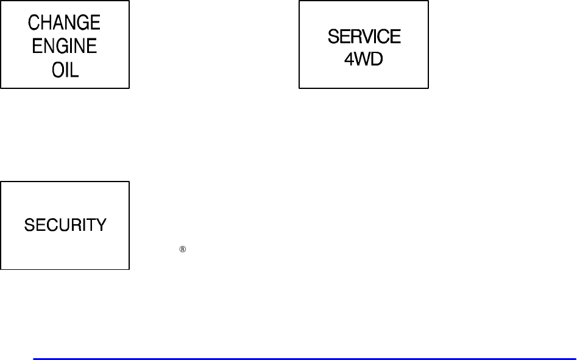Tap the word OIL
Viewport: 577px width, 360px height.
point(65,71)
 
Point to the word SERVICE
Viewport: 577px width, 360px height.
point(364,37)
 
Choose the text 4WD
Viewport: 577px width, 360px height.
point(364,61)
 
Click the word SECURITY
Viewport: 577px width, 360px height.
point(65,225)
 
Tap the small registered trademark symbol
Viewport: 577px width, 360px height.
point(182,249)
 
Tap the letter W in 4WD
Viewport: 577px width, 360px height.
point(363,61)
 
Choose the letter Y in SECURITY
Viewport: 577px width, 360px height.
point(101,225)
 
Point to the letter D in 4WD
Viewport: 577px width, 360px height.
point(377,61)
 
